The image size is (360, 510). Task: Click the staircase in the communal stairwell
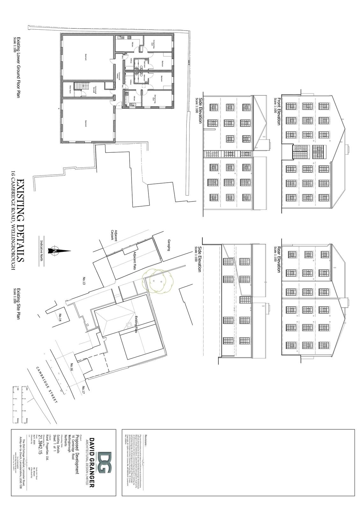[x=79, y=86]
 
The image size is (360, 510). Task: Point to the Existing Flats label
[x=136, y=324]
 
